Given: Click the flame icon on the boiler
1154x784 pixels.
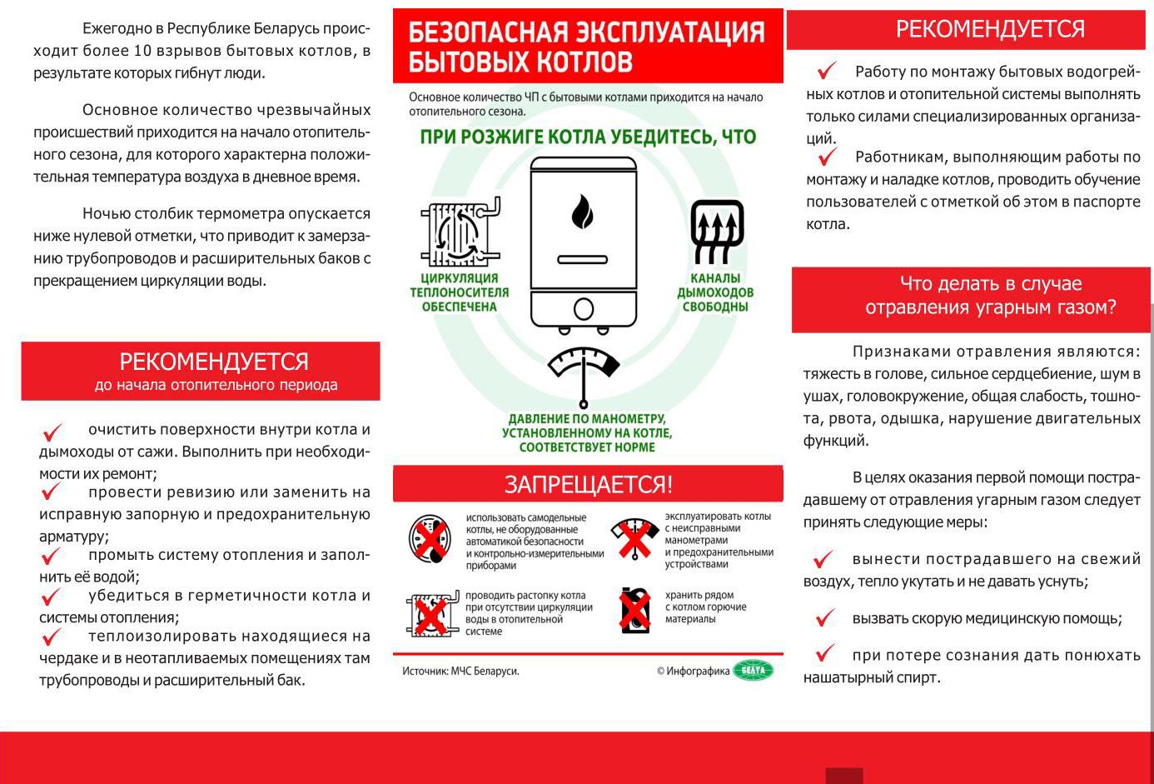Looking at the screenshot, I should (x=583, y=212).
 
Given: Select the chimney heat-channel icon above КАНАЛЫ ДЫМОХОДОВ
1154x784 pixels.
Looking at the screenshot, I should (x=716, y=231).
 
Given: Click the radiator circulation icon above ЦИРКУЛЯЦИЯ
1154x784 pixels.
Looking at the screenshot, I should (x=460, y=232).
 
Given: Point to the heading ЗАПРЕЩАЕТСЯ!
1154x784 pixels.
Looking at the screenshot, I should (x=588, y=484).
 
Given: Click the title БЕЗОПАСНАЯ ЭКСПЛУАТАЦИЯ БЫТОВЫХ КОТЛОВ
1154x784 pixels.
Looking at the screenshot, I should (x=586, y=47).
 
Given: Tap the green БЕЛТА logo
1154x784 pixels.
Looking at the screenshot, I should (x=753, y=670).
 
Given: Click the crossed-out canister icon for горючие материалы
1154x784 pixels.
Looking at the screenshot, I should (x=635, y=610).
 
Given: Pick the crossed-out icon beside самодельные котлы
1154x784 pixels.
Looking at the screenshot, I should (x=430, y=539).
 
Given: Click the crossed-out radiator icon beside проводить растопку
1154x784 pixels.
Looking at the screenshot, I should (x=430, y=615).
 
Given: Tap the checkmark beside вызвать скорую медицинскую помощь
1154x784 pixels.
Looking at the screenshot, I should (x=824, y=618).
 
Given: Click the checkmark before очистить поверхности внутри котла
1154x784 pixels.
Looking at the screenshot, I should (x=52, y=432).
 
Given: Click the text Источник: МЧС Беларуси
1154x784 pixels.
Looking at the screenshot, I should (x=460, y=671).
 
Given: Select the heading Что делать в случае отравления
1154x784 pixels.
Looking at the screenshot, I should (x=990, y=296).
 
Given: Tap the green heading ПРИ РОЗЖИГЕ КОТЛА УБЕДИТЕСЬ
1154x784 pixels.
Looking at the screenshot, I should (x=588, y=137).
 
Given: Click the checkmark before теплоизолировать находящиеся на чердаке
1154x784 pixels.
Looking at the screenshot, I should (x=52, y=638).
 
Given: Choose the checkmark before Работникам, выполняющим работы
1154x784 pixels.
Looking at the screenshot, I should (x=827, y=157).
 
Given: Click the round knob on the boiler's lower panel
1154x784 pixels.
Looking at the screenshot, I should (x=584, y=309).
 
